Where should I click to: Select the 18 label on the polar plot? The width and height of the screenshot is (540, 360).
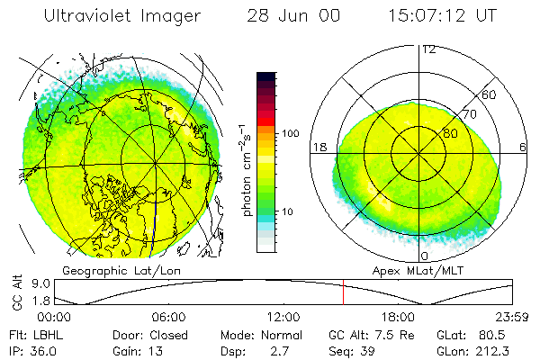319,147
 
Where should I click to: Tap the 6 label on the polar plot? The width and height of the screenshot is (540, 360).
523,147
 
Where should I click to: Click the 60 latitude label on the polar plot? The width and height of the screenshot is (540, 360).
490,94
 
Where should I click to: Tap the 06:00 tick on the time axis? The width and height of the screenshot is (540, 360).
168,317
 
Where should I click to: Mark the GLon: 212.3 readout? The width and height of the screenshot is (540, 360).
468,350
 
